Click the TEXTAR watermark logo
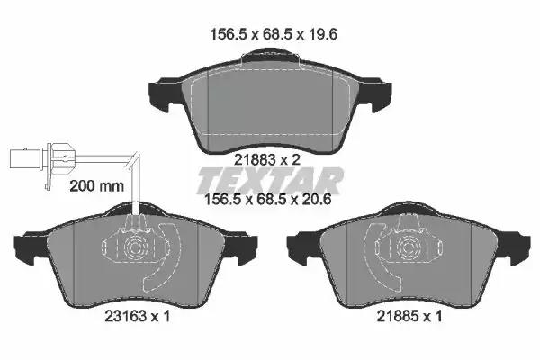click(x=270, y=181)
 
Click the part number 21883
click(x=256, y=160)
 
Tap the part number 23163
click(x=126, y=316)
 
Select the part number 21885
click(x=398, y=316)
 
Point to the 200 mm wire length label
click(x=97, y=186)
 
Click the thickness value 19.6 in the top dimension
click(x=322, y=34)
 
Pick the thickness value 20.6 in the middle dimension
click(x=316, y=200)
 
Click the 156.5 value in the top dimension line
click(x=229, y=34)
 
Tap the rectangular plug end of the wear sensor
click(x=25, y=158)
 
